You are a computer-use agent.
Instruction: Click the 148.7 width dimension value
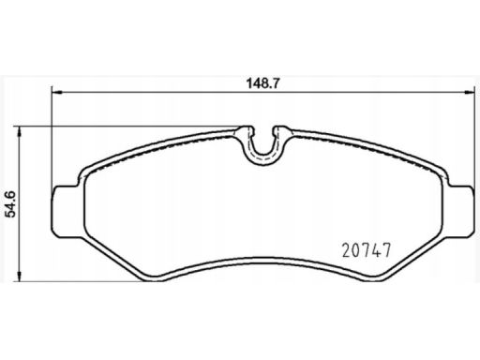(x=262, y=83)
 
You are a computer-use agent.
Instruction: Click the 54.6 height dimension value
(x=12, y=204)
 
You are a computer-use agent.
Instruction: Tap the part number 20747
(x=367, y=250)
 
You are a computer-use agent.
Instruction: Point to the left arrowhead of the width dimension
(x=56, y=92)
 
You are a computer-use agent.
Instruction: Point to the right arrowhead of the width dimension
(x=468, y=92)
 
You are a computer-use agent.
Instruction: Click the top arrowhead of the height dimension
(x=20, y=132)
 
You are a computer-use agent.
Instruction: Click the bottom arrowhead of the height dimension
(x=20, y=276)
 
